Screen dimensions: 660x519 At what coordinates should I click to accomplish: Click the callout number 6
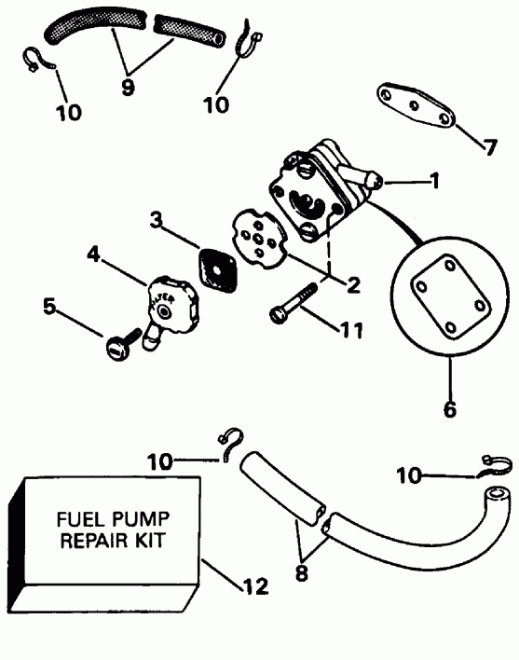[450, 409]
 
